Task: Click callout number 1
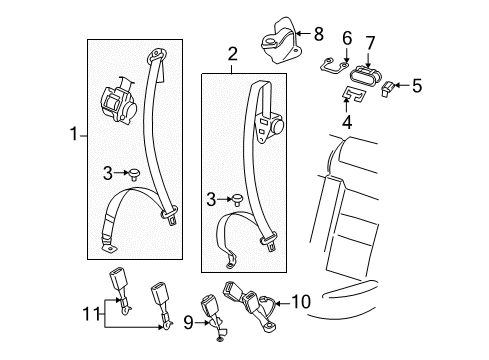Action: pyautogui.click(x=74, y=134)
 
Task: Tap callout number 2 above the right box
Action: pyautogui.click(x=232, y=54)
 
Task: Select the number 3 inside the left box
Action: pyautogui.click(x=108, y=173)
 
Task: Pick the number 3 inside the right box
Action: pyautogui.click(x=211, y=200)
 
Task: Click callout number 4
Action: pyautogui.click(x=347, y=122)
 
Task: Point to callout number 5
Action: pyautogui.click(x=417, y=85)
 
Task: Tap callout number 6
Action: pyautogui.click(x=347, y=38)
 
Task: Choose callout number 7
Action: pyautogui.click(x=370, y=43)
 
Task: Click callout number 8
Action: pyautogui.click(x=319, y=33)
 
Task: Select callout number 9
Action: pyautogui.click(x=188, y=322)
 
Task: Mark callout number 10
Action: pyautogui.click(x=301, y=301)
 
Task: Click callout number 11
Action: pyautogui.click(x=91, y=314)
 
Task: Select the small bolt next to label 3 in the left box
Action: pyautogui.click(x=134, y=174)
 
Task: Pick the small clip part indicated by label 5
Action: pyautogui.click(x=387, y=89)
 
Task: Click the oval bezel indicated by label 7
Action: pyautogui.click(x=365, y=77)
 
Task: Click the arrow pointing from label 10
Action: pyautogui.click(x=282, y=303)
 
